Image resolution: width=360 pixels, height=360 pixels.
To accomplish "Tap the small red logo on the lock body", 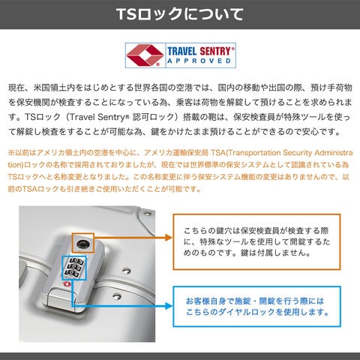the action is pyautogui.click(x=67, y=284).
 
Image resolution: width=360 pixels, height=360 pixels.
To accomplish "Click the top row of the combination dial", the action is pyautogui.click(x=76, y=261).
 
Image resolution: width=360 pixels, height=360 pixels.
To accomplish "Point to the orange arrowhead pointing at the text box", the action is pyautogui.click(x=169, y=238).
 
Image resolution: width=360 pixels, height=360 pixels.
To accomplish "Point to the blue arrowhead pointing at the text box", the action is pyautogui.click(x=169, y=306).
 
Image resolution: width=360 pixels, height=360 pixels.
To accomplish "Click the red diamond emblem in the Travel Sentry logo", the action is pyautogui.click(x=145, y=55).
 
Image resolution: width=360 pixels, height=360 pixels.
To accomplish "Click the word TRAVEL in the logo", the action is pyautogui.click(x=182, y=51).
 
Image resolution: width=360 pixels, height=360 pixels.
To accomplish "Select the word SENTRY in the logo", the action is pyautogui.click(x=215, y=51).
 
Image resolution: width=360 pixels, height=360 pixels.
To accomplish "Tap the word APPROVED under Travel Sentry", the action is pyautogui.click(x=199, y=61).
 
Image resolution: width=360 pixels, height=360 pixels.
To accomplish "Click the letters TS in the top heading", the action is pyautogui.click(x=127, y=14).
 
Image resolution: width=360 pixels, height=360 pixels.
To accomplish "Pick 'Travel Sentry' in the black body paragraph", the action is pyautogui.click(x=97, y=117).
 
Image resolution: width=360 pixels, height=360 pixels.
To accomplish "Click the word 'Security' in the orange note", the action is pyautogui.click(x=298, y=153).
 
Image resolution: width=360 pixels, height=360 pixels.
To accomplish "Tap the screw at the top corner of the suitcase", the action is pyautogui.click(x=147, y=214).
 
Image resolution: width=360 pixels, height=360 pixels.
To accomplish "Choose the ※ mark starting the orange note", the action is pyautogui.click(x=11, y=153).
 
